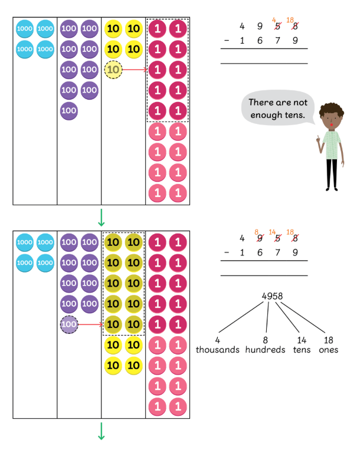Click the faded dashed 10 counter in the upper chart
(x=114, y=70)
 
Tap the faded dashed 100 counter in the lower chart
(x=69, y=324)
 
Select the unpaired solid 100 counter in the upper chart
(x=69, y=110)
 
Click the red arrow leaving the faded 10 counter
(x=135, y=70)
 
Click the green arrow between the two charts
(x=101, y=218)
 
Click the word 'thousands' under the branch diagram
(x=218, y=350)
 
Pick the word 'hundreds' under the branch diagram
(x=267, y=350)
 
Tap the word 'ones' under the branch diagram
(x=329, y=350)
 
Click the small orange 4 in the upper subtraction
(x=274, y=19)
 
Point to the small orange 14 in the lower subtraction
(x=273, y=232)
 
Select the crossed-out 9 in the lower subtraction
(x=258, y=239)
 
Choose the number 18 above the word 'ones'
(x=329, y=340)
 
